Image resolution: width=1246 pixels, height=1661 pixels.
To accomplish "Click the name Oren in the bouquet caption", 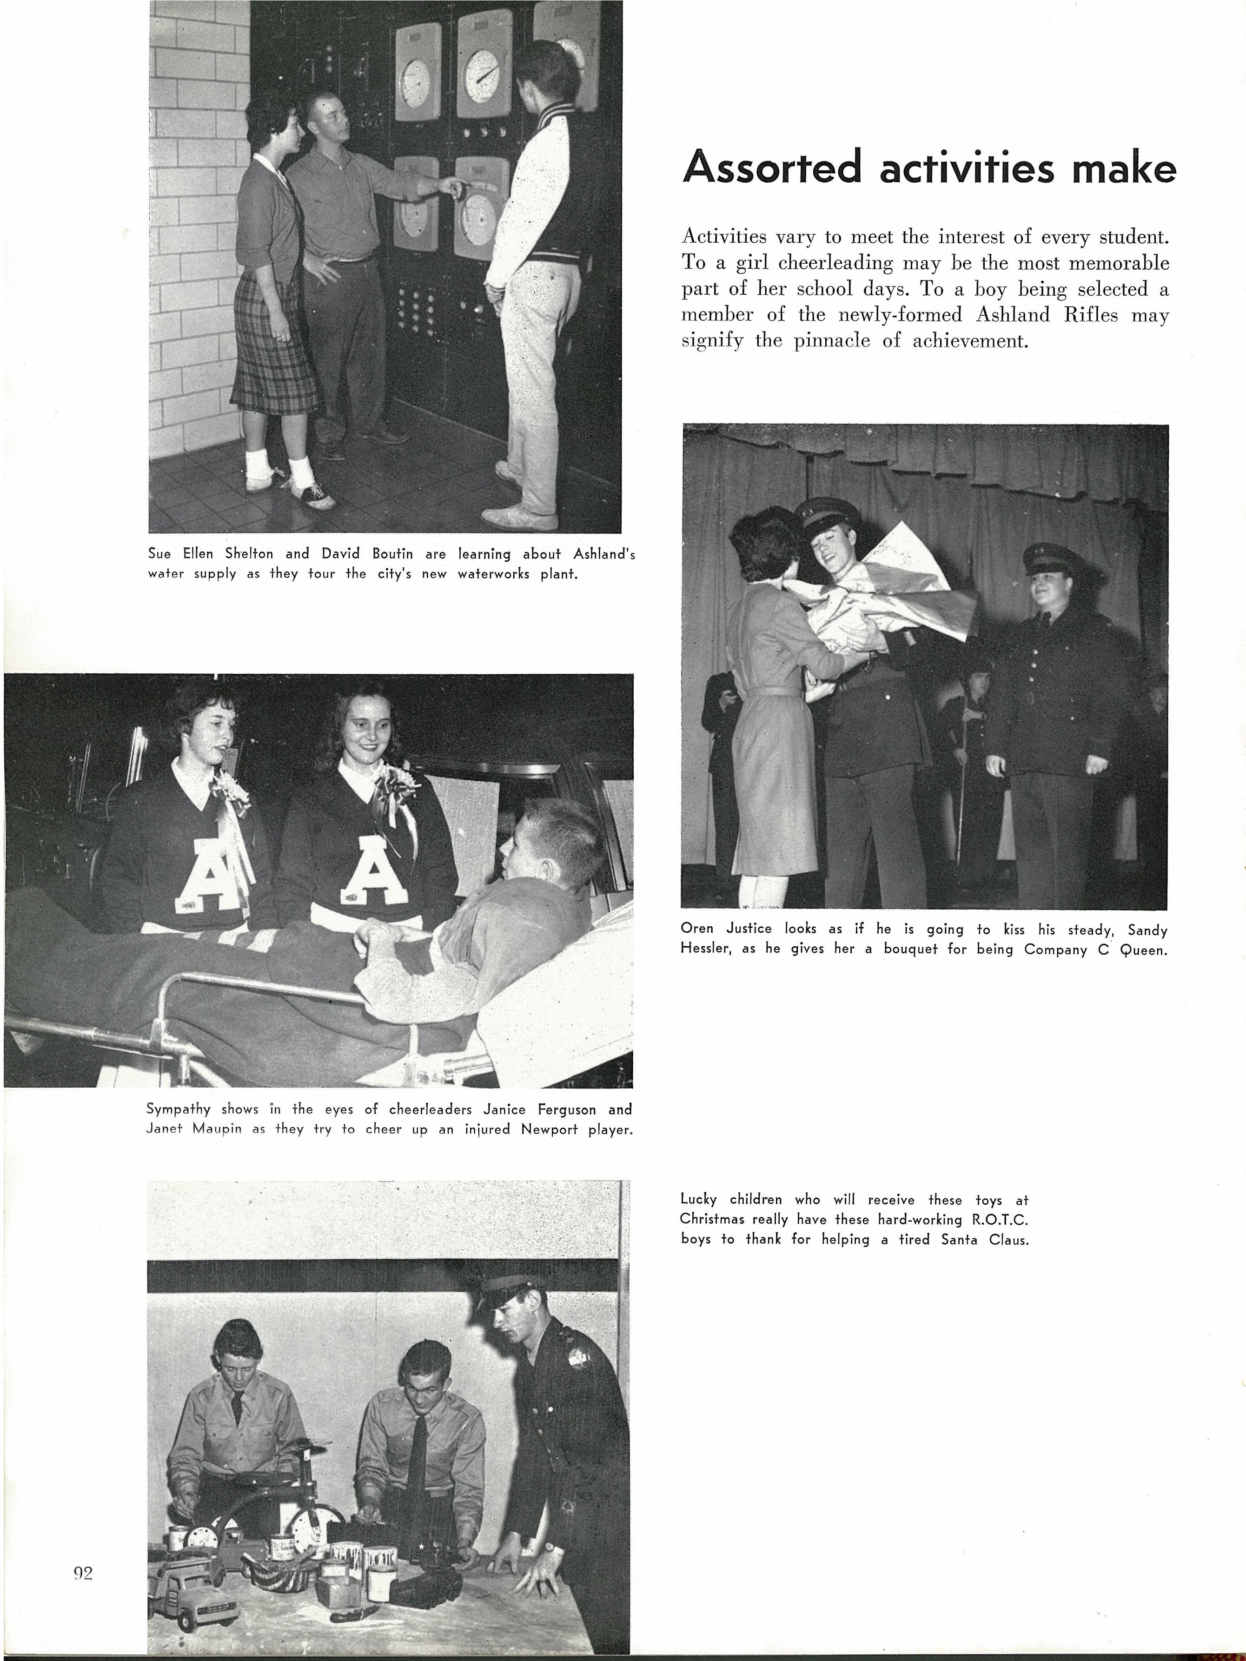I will [x=697, y=929].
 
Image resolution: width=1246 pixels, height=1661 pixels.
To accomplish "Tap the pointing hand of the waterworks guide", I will [x=451, y=185].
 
